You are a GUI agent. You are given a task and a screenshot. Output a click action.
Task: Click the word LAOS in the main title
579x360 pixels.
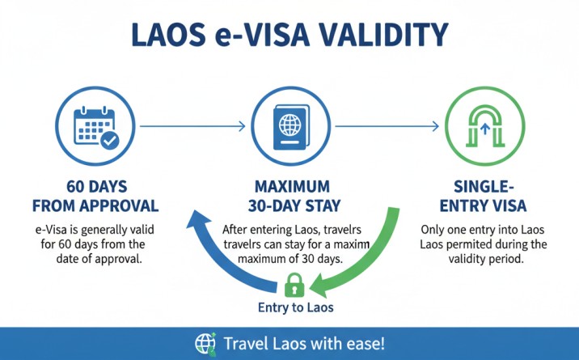pos(168,34)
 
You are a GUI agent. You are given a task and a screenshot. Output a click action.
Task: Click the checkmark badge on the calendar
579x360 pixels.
pos(110,140)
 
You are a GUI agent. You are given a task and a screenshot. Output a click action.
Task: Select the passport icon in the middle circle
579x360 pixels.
pos(291,127)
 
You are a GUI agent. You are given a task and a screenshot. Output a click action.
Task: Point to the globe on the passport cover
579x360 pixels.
pos(290,125)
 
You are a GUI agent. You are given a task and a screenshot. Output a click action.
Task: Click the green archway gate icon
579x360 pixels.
pos(485,126)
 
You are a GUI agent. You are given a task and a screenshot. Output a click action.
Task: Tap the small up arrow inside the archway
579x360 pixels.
pos(485,129)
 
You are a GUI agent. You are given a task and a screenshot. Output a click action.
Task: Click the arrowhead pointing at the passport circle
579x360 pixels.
pos(242,126)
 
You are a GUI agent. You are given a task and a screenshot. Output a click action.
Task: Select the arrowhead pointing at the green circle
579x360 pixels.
pos(435,126)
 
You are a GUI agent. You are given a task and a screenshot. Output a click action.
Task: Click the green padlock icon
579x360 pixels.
pos(294,285)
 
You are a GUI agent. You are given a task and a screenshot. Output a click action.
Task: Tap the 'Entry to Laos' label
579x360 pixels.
pos(295,307)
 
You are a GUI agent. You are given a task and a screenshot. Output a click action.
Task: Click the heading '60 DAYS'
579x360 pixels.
pos(97,186)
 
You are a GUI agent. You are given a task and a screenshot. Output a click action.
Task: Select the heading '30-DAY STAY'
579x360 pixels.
pos(294,206)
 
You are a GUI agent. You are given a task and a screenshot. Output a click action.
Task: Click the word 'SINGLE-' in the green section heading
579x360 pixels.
pos(484,186)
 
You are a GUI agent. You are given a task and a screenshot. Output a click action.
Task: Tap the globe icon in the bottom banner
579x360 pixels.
pos(205,344)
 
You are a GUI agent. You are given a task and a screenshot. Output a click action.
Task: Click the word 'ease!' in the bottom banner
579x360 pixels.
pos(366,344)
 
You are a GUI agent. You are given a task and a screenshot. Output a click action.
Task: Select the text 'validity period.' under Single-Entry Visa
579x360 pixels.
pos(486,259)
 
